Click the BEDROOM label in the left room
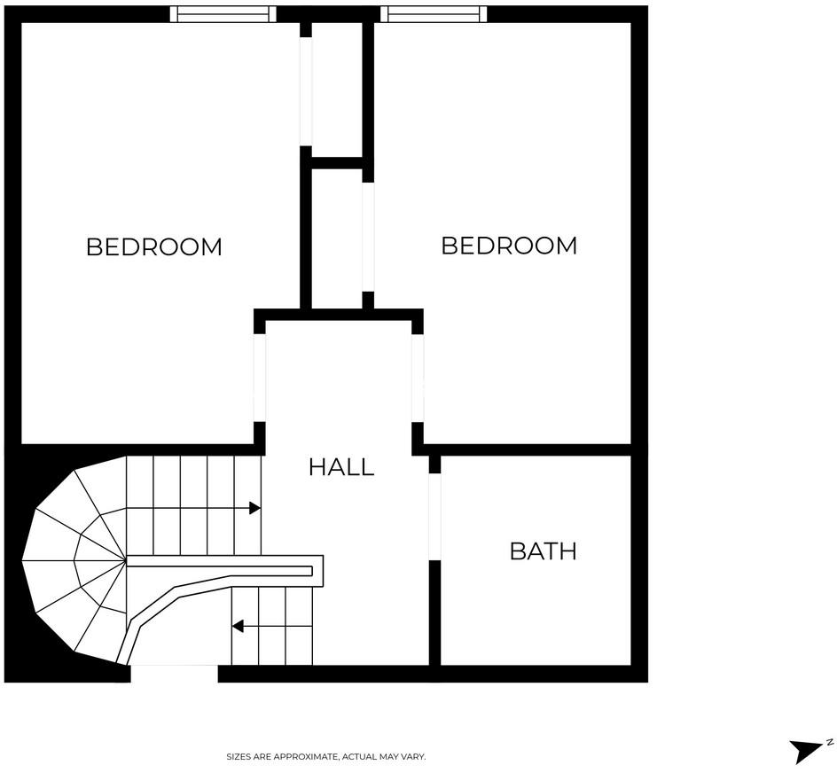click(x=153, y=246)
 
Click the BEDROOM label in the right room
click(x=509, y=246)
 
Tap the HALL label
click(x=341, y=467)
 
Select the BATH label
click(x=543, y=551)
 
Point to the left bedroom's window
click(x=223, y=14)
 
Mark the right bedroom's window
click(x=434, y=14)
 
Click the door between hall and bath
click(x=434, y=518)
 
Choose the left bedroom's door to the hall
click(x=260, y=378)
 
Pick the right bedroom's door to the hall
click(x=418, y=378)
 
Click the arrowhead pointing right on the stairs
click(x=255, y=508)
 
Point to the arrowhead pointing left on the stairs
click(x=238, y=627)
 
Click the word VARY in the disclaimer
click(x=414, y=757)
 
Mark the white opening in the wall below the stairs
click(x=174, y=674)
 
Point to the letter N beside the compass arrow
click(x=829, y=741)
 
